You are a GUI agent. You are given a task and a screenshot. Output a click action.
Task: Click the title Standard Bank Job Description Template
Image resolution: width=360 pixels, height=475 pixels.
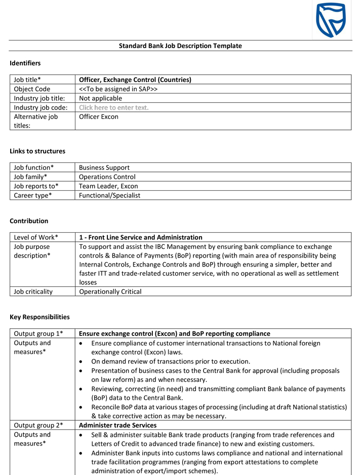[x=180, y=46]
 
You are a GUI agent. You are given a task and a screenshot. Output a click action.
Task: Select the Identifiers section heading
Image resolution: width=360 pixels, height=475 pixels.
[x=25, y=63]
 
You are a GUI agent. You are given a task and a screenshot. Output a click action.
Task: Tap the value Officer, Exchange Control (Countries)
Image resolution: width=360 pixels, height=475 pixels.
[x=135, y=80]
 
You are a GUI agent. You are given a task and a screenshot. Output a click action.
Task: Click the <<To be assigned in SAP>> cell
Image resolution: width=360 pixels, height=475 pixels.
[x=118, y=89]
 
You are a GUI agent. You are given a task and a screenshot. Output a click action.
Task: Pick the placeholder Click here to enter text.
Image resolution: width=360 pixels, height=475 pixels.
[x=114, y=107]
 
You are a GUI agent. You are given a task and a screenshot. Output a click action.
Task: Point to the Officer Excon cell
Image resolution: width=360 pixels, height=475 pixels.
[x=99, y=117]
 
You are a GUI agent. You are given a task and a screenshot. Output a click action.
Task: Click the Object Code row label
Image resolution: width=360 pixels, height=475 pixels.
[x=32, y=89]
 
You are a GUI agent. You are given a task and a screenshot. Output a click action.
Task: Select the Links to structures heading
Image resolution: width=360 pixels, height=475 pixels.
[x=37, y=151]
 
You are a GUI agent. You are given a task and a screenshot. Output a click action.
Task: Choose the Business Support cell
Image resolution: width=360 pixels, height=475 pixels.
[x=104, y=167]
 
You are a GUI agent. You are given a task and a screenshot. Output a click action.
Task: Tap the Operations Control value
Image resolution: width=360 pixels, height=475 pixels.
[x=107, y=177]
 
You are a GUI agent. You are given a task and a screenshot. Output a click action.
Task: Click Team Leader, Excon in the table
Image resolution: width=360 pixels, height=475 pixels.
[x=108, y=186]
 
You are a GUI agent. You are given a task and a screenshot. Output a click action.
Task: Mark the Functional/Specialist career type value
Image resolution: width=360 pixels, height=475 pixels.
[x=110, y=195]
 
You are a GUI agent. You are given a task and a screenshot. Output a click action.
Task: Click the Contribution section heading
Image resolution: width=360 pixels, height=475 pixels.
[x=29, y=221]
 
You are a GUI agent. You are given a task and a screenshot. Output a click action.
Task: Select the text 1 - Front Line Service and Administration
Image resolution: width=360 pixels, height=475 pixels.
[x=141, y=237]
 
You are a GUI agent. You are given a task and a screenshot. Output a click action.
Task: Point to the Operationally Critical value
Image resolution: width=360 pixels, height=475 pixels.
[x=110, y=291]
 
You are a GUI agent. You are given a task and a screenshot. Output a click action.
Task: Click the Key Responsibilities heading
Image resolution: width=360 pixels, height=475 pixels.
[x=39, y=317]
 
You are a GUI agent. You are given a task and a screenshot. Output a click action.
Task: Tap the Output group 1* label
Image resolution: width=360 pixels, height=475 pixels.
[x=38, y=333]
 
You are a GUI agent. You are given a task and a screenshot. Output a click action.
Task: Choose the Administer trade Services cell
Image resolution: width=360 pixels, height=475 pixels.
[x=118, y=425]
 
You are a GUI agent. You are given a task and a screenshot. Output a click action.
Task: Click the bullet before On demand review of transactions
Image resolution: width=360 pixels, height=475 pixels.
[x=83, y=362]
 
